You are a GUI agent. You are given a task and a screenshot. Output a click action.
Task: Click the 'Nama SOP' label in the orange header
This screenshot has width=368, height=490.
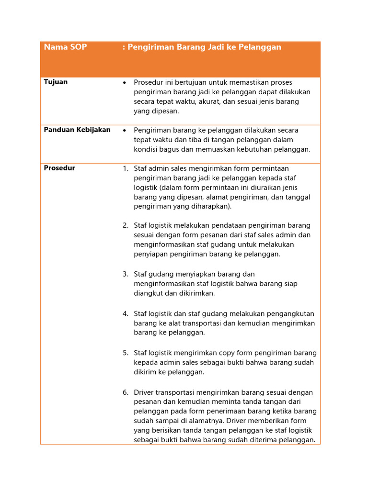65,47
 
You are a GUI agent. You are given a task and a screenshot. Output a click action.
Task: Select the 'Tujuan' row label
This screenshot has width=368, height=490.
56,82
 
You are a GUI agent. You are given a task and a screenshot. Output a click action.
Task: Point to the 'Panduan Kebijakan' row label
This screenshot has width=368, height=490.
77,130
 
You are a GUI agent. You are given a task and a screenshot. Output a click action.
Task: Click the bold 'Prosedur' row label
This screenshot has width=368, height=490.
59,168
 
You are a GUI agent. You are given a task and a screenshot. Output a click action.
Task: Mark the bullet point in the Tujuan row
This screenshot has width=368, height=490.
125,83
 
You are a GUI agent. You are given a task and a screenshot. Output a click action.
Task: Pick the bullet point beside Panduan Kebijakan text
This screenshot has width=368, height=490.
125,130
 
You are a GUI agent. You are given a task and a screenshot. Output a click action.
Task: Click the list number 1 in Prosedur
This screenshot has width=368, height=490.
125,168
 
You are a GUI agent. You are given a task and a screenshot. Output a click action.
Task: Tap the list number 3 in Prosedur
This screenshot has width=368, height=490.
125,274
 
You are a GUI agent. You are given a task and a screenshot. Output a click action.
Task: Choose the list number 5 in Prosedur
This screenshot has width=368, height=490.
125,353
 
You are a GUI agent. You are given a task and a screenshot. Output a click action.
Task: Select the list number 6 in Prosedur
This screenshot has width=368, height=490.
125,392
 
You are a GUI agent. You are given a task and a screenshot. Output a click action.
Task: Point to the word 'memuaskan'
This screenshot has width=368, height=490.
221,149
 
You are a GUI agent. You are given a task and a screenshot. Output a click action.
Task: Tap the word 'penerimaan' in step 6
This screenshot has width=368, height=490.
224,412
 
